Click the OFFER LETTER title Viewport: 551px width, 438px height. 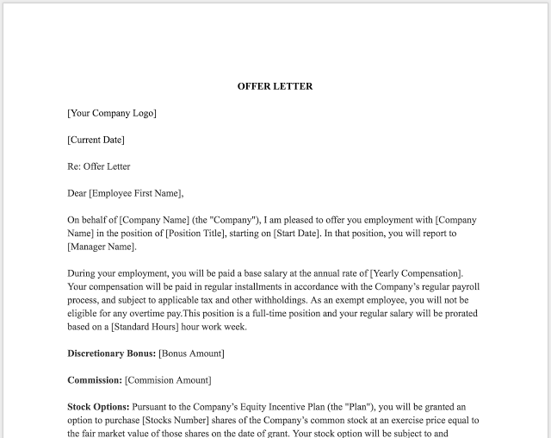[275, 86]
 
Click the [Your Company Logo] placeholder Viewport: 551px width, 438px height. [112, 113]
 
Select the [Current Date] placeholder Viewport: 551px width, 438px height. [96, 140]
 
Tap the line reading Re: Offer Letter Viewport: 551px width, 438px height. [99, 166]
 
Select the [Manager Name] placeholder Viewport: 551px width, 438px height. [101, 247]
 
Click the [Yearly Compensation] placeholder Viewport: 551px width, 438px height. [412, 273]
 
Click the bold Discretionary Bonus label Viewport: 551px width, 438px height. [111, 354]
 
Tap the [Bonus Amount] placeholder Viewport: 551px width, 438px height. [191, 354]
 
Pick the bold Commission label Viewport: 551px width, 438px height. [95, 380]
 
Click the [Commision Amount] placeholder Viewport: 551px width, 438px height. [168, 380]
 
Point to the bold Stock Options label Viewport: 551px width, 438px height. [98, 406]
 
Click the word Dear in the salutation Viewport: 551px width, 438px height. [77, 193]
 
